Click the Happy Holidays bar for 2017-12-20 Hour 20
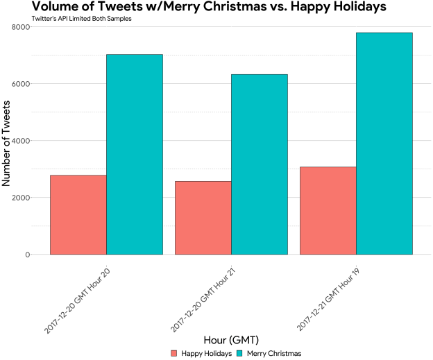(x=78, y=215)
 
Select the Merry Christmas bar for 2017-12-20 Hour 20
(x=135, y=154)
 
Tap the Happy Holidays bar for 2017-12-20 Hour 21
(x=203, y=218)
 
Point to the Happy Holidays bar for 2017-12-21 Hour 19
(x=328, y=211)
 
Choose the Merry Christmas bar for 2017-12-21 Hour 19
(x=384, y=144)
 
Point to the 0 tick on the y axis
(x=27, y=255)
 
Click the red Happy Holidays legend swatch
(x=174, y=353)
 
